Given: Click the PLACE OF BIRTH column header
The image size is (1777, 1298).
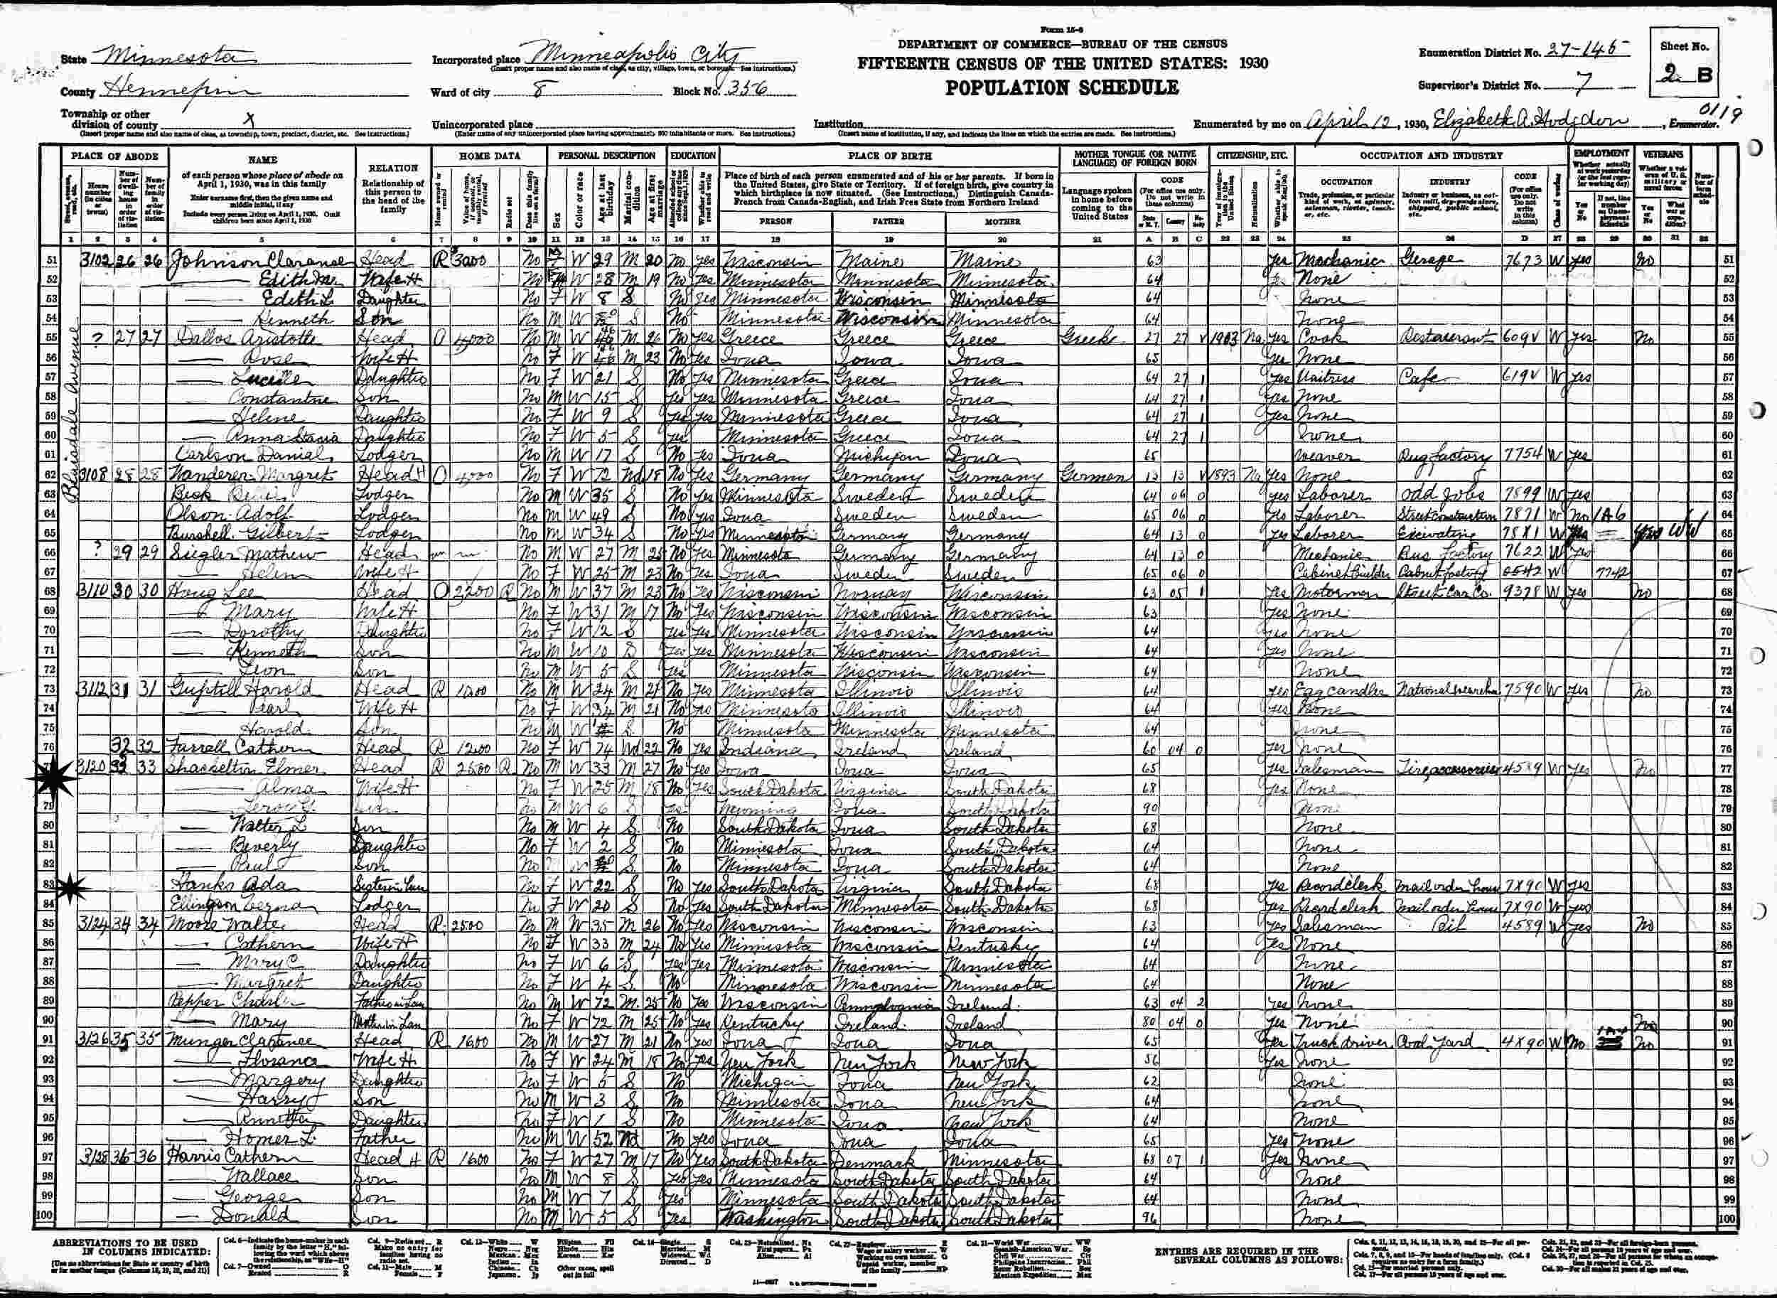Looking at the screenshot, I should point(889,156).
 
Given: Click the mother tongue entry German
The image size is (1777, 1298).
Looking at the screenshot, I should point(1095,476).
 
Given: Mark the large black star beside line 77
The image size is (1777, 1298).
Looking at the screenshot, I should point(41,778).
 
